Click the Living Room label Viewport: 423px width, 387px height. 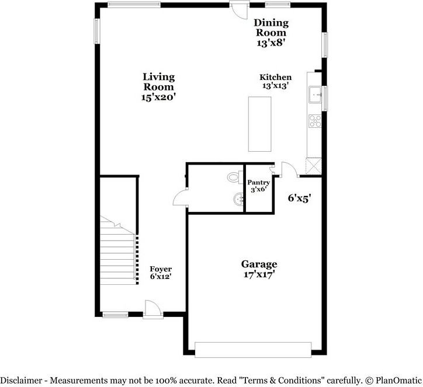(158, 87)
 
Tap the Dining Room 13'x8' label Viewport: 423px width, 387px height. (271, 33)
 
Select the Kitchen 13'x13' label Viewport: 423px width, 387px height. (276, 81)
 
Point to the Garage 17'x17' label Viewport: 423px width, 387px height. (259, 269)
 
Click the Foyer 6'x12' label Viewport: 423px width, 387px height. (160, 273)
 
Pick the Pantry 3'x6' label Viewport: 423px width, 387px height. (258, 186)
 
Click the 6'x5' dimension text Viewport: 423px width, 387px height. (299, 198)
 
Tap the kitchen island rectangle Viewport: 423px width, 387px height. (259, 124)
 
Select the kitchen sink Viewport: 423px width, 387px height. (316, 94)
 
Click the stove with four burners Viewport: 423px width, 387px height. (315, 121)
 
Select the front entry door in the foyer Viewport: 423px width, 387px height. (152, 309)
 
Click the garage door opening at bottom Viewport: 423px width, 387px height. (253, 350)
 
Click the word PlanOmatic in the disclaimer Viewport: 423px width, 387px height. (396, 380)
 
